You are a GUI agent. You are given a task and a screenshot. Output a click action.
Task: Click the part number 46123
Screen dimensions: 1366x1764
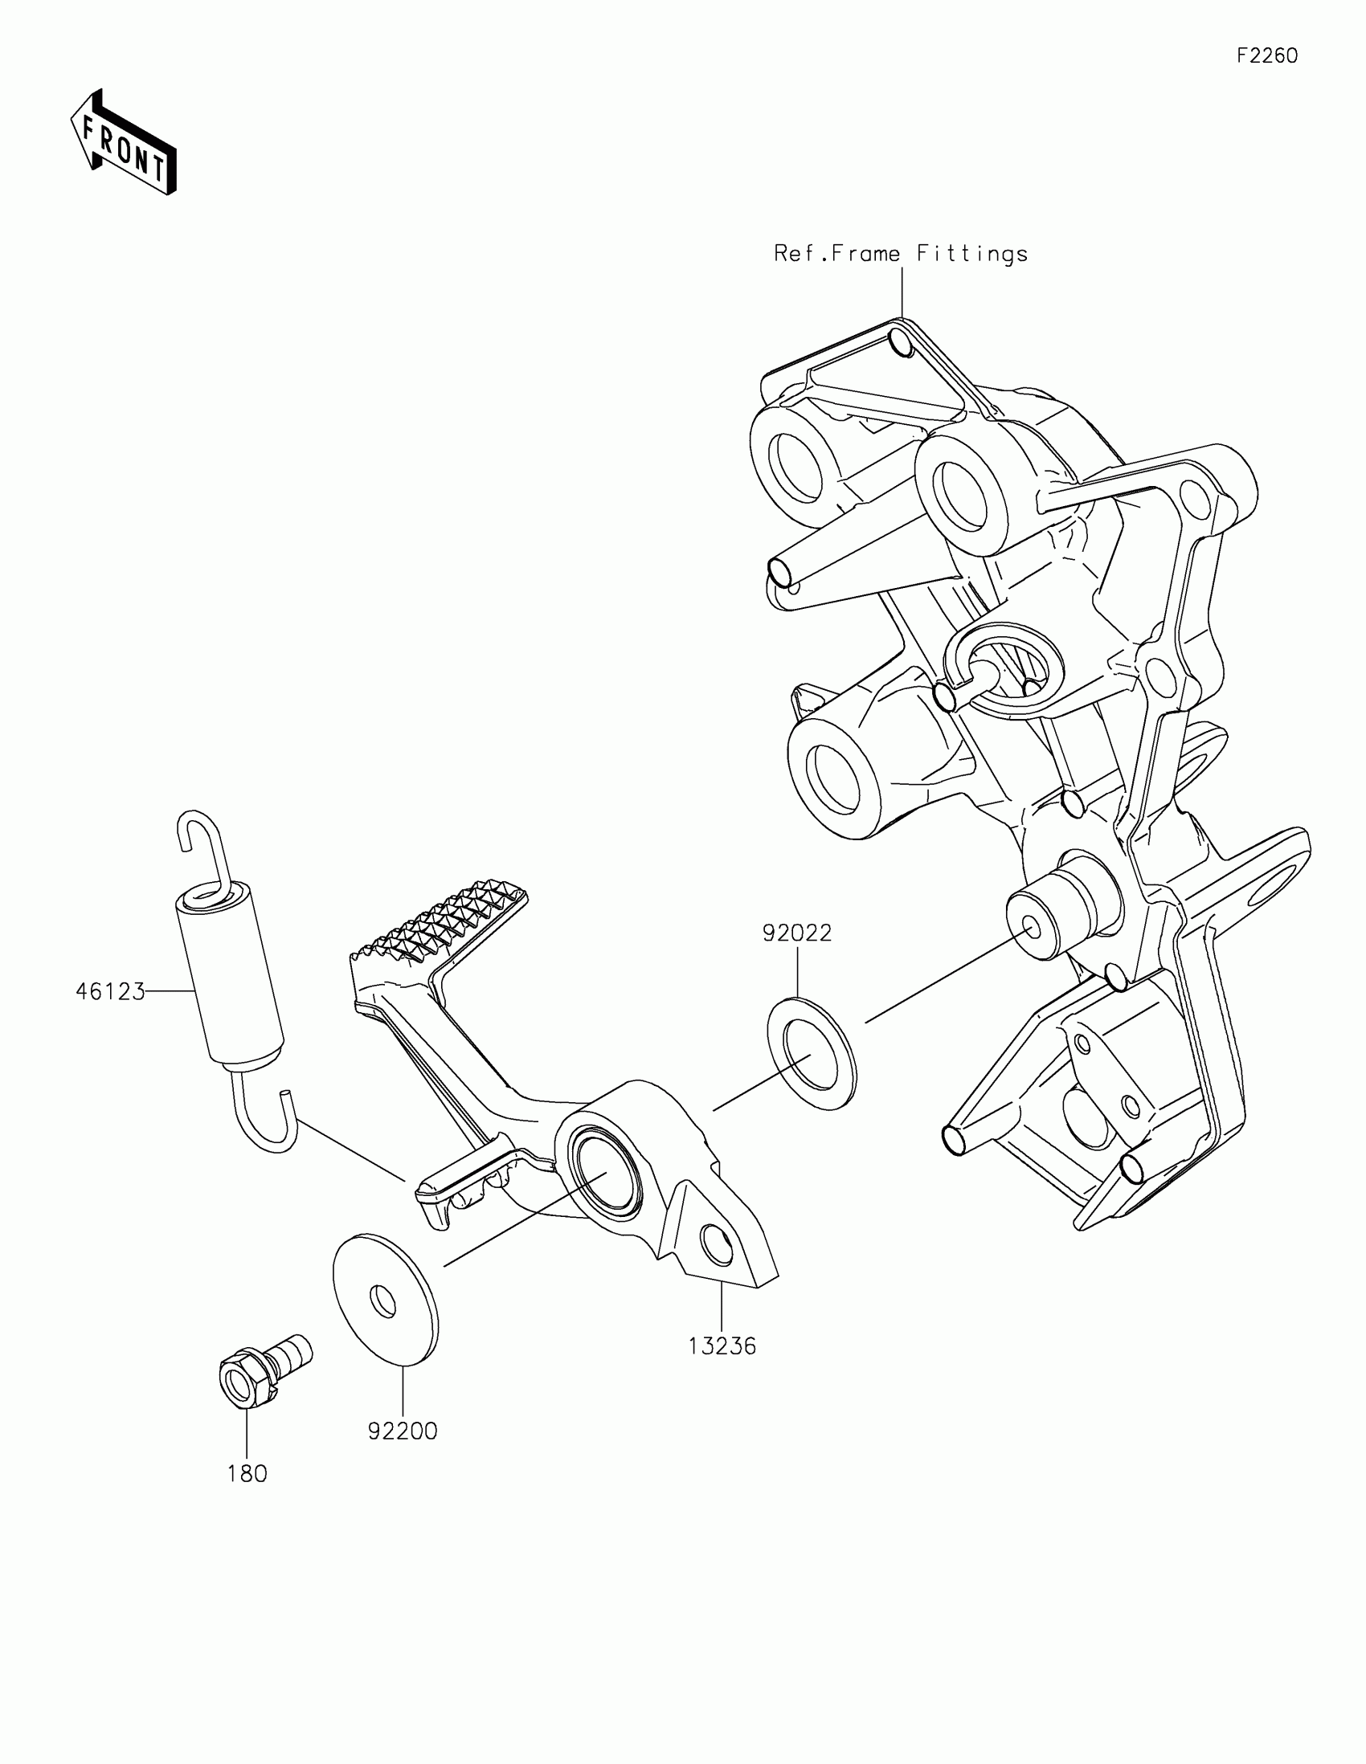(x=110, y=991)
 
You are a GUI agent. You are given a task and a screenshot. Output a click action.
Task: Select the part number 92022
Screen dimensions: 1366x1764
(x=796, y=933)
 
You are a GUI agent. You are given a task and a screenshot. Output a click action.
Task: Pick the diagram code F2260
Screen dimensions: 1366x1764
(x=1267, y=55)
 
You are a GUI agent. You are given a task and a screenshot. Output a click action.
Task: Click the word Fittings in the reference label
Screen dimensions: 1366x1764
(x=971, y=254)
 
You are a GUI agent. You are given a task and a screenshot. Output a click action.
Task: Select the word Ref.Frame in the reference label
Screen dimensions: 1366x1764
(x=837, y=254)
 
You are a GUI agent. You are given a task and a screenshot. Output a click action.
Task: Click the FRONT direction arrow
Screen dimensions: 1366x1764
(x=123, y=142)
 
